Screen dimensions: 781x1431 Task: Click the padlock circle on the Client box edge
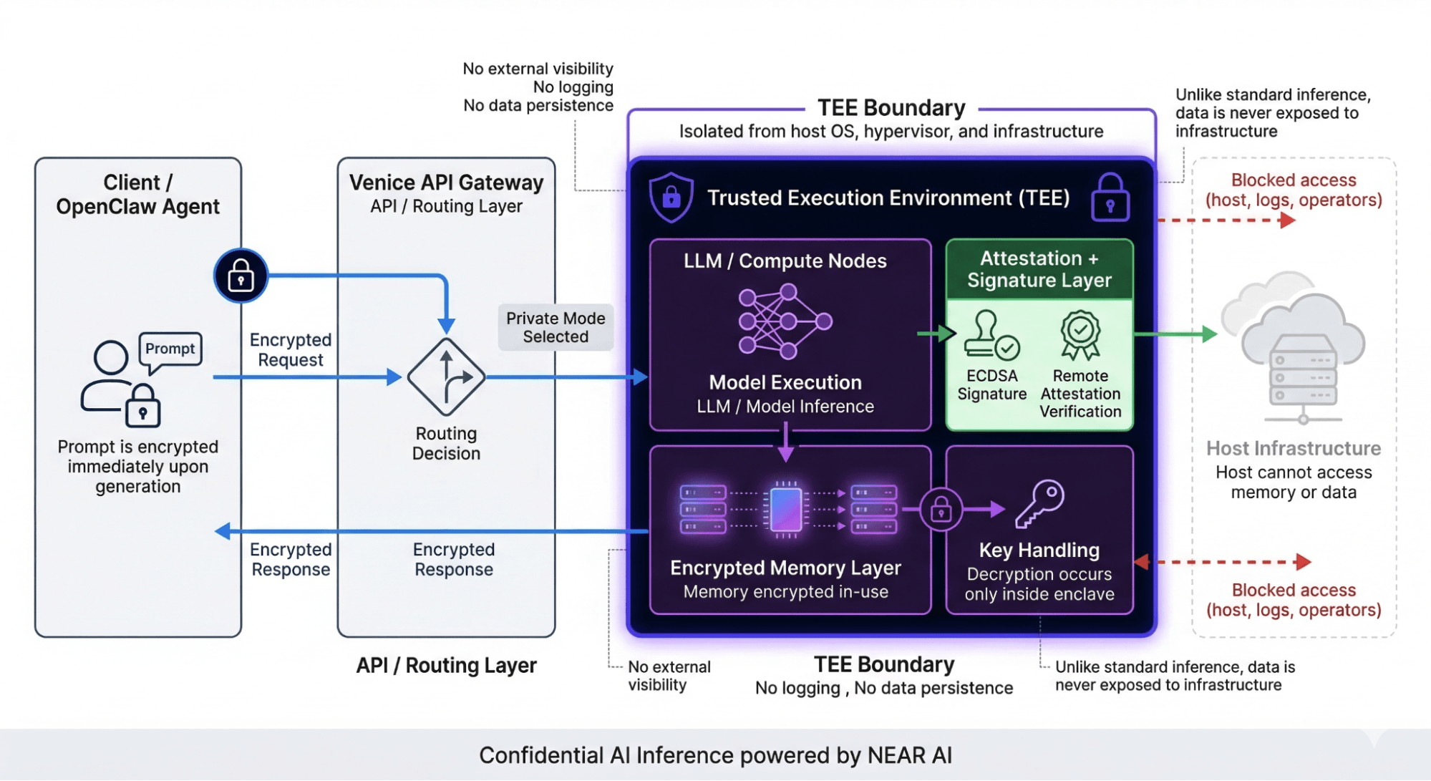click(x=241, y=276)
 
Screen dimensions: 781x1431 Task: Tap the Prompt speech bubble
click(x=170, y=349)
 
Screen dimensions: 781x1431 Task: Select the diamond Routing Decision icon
click(x=446, y=377)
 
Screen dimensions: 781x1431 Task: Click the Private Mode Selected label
click(x=556, y=327)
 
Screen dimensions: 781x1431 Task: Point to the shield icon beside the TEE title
click(x=671, y=197)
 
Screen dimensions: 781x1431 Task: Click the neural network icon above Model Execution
click(x=785, y=321)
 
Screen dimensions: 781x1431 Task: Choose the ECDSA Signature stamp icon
click(x=991, y=335)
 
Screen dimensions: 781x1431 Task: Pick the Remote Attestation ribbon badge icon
click(x=1080, y=334)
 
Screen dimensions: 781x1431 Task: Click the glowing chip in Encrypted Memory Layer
click(x=785, y=509)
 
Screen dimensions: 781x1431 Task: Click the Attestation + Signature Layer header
click(x=1039, y=269)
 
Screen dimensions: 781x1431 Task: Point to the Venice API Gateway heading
click(x=446, y=183)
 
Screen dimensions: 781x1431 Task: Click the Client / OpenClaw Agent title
click(x=137, y=194)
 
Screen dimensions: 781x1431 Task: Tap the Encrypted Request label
click(x=291, y=349)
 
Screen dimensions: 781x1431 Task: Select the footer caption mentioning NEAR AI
click(x=715, y=755)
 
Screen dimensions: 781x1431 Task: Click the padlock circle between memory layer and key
click(x=941, y=510)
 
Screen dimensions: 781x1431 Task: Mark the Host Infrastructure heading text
click(x=1293, y=448)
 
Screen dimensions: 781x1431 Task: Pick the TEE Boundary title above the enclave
click(x=891, y=108)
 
